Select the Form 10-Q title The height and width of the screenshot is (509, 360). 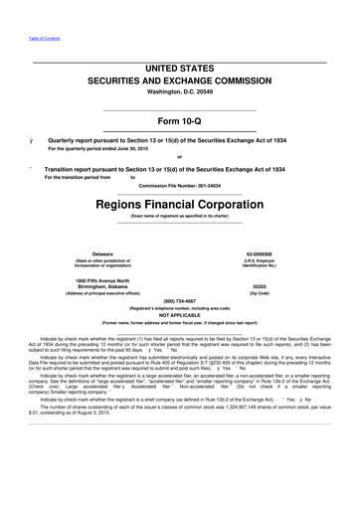point(179,120)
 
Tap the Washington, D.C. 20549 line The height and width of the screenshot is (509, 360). point(179,92)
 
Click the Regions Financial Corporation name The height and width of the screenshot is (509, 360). point(179,200)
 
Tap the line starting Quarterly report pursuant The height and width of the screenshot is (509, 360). point(178,142)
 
